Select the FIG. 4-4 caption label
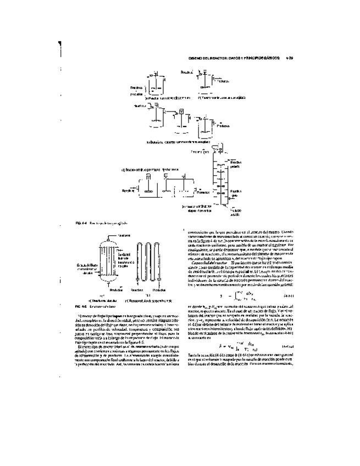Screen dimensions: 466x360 [65, 224]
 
